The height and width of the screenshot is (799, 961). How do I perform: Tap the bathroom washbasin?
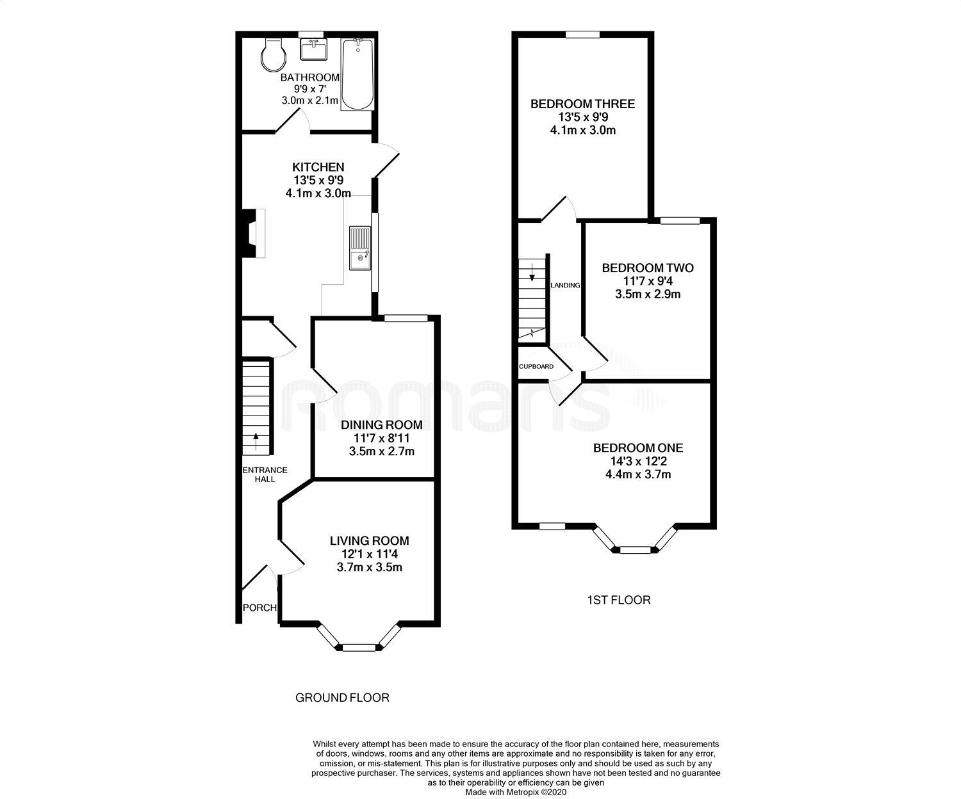point(313,49)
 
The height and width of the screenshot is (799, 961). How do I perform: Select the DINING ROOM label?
point(381,425)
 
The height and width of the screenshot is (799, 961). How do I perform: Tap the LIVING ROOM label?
point(369,541)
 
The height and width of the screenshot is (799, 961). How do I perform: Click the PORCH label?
point(259,608)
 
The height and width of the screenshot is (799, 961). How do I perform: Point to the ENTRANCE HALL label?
point(265,474)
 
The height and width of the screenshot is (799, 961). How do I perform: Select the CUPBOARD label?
point(536,367)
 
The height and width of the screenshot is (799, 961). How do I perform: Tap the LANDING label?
point(565,286)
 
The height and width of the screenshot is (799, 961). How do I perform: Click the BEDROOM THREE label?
point(582,104)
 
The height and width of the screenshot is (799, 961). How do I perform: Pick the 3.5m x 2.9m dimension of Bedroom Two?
point(647,295)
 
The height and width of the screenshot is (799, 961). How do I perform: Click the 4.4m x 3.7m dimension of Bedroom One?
point(638,474)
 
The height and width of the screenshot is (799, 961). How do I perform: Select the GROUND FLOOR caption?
point(342,698)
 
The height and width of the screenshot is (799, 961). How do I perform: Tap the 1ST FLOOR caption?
point(618,600)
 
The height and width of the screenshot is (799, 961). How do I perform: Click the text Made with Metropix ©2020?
point(516,792)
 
